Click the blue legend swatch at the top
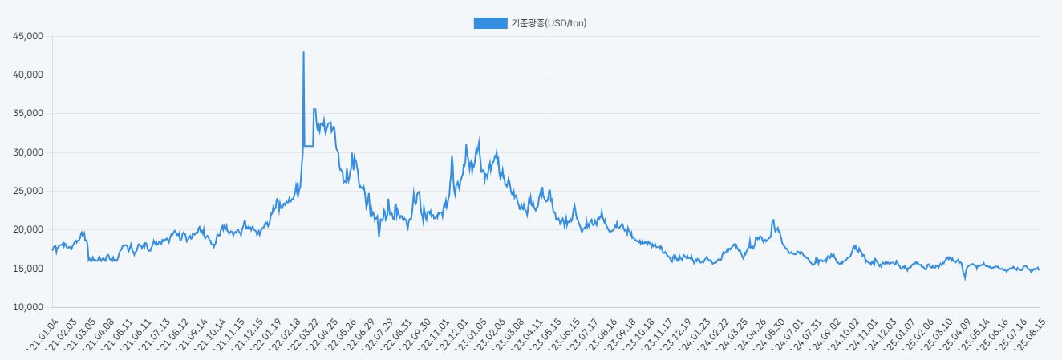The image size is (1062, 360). (490, 23)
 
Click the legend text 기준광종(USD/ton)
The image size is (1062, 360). (549, 23)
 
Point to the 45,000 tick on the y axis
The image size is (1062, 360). (27, 36)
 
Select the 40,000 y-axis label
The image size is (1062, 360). (27, 75)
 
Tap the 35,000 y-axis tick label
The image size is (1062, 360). (27, 114)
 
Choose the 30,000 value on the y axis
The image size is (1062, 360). (27, 152)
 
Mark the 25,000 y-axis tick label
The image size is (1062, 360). (27, 191)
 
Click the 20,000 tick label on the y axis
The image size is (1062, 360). (27, 230)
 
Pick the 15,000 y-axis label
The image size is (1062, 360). (27, 269)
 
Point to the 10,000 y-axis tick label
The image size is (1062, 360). (27, 307)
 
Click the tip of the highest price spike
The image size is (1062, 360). (303, 52)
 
